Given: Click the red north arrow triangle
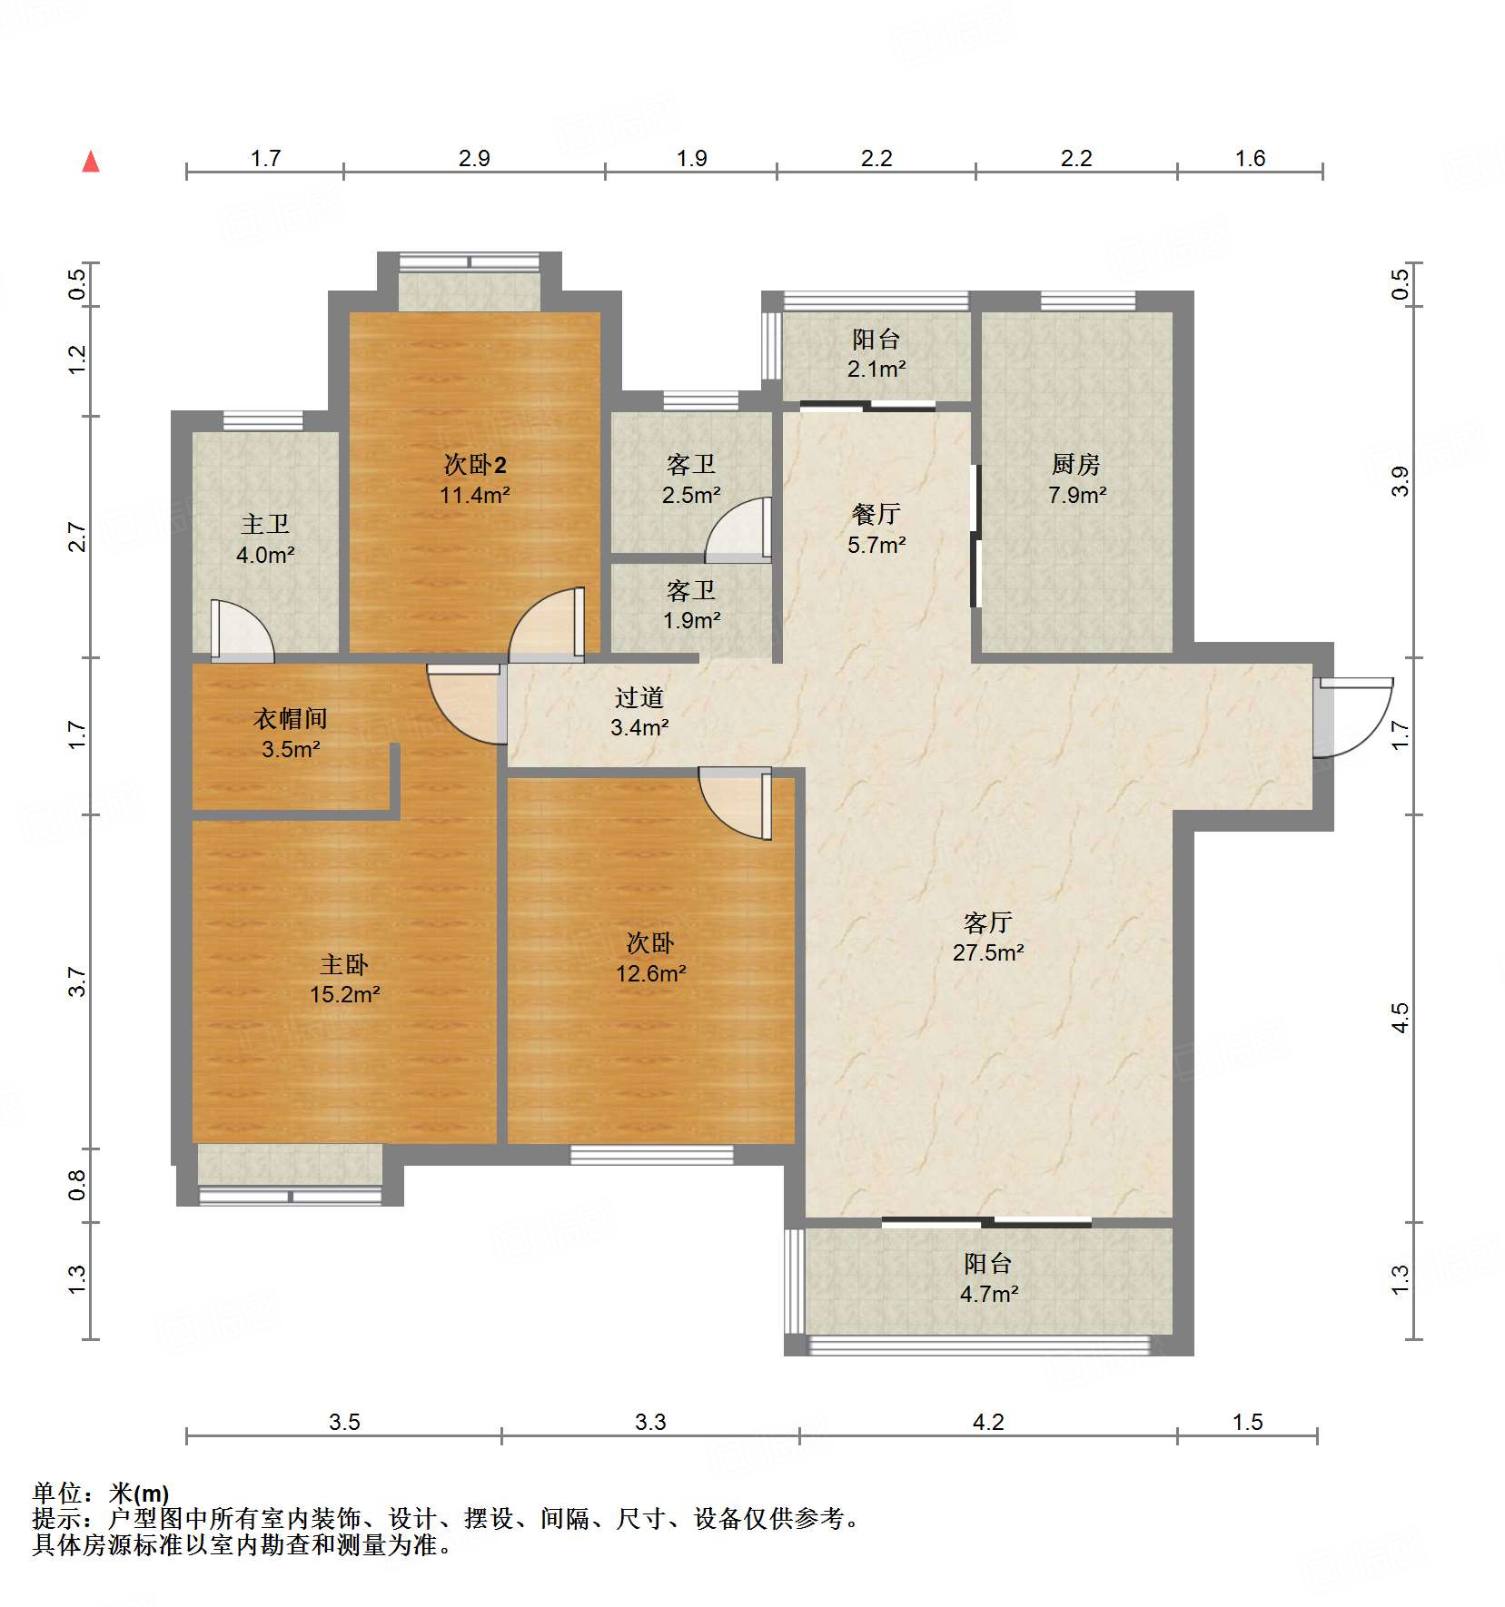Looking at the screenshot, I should (x=91, y=163).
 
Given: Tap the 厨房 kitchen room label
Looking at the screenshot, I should (x=1076, y=465).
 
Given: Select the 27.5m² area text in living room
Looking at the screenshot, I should (x=988, y=952).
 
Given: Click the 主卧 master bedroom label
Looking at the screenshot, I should (x=344, y=964).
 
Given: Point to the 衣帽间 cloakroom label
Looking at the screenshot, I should (x=291, y=719).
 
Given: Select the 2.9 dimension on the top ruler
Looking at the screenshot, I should (x=474, y=159).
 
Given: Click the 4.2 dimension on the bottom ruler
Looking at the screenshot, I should (x=988, y=1423).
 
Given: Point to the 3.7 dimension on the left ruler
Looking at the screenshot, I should (x=77, y=981).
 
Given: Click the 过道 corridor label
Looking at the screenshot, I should (x=639, y=697).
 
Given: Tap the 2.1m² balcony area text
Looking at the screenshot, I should (x=876, y=369).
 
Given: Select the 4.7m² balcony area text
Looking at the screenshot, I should (x=988, y=1294).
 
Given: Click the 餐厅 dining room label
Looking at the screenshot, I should (x=876, y=514).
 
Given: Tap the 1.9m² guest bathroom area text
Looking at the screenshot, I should (x=691, y=620).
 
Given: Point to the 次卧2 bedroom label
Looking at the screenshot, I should (x=474, y=465).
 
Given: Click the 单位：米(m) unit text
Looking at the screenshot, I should (x=101, y=1493).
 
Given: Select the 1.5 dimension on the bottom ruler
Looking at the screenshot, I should (x=1247, y=1423).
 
